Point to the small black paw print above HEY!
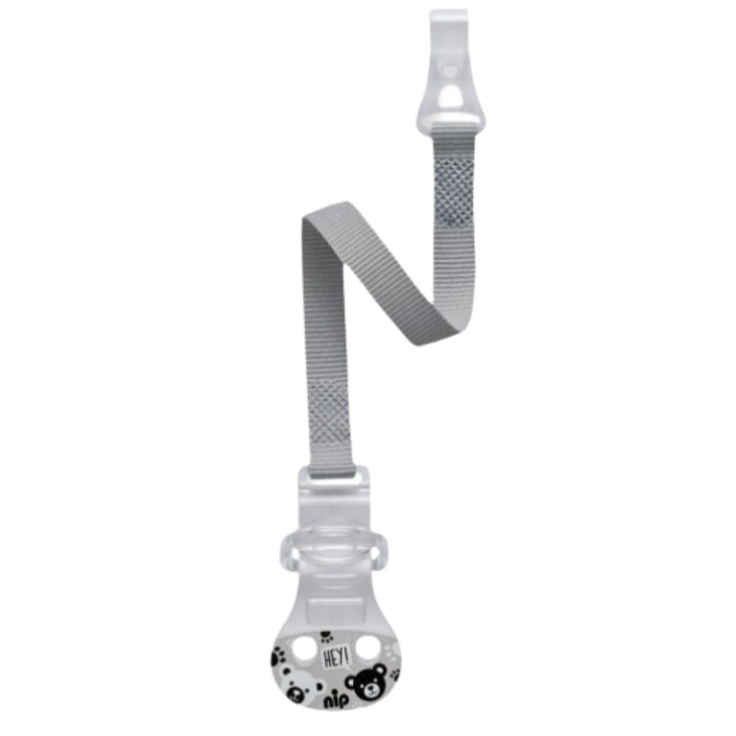click(326, 637)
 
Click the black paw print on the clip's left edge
click(278, 653)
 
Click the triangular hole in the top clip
click(451, 95)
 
